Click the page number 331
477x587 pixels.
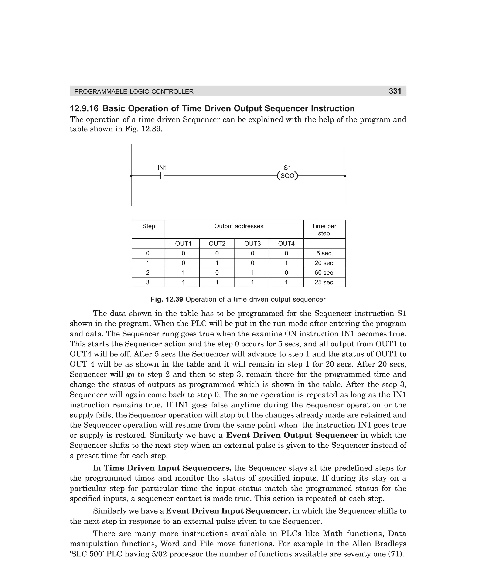(395, 91)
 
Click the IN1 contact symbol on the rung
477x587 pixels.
(162, 176)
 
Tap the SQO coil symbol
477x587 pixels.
(287, 176)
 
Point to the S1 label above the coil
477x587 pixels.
(287, 167)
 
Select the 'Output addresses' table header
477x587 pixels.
(238, 226)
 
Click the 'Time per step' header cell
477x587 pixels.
(324, 230)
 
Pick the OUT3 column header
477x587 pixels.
(252, 244)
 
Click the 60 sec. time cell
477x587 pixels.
(324, 273)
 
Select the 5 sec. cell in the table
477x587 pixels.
(324, 253)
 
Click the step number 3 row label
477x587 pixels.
(148, 282)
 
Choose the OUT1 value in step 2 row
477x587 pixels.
(183, 273)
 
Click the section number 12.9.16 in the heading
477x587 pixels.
(84, 108)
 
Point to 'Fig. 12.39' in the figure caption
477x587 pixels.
(167, 299)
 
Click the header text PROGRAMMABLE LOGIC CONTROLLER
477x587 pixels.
(134, 92)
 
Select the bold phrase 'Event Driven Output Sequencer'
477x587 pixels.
(292, 435)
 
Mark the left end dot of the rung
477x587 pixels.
(131, 176)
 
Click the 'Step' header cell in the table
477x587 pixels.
(148, 226)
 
